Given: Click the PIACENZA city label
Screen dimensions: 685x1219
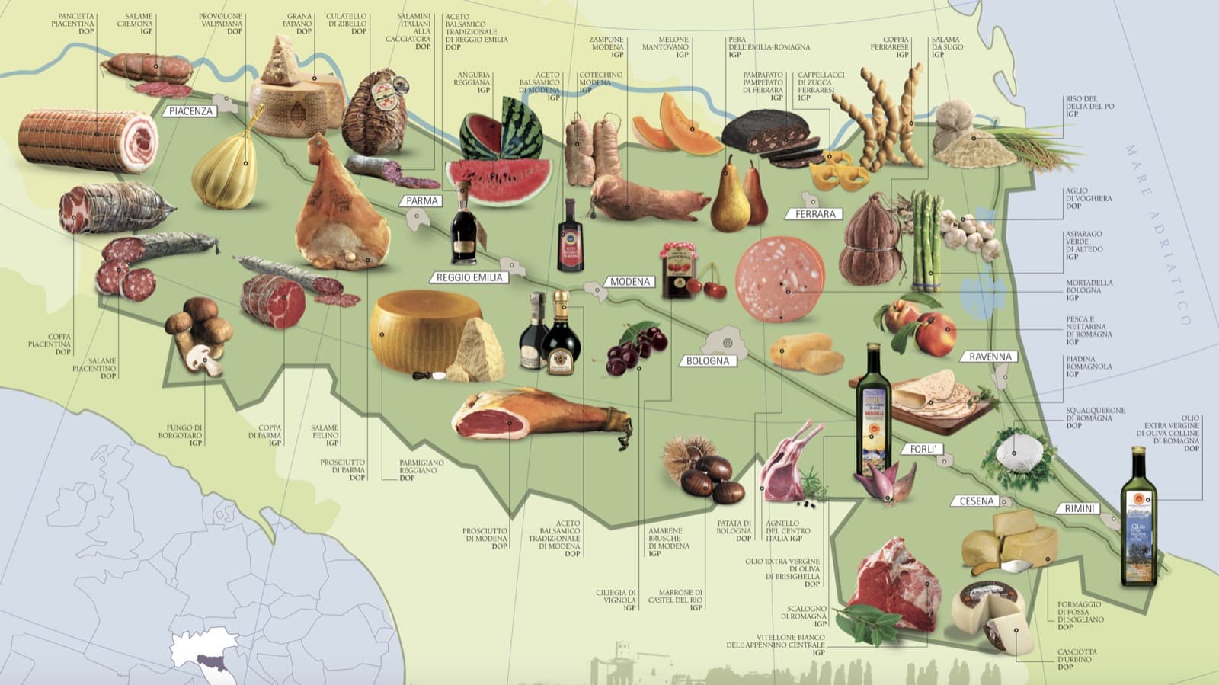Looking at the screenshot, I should coord(190,111).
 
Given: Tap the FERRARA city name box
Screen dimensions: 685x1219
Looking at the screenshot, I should coord(814,214).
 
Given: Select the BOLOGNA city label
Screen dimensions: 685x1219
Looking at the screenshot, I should coord(707,360).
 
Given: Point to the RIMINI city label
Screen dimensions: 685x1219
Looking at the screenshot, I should coord(1079,508).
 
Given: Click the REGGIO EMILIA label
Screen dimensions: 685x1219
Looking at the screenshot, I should coord(469,277).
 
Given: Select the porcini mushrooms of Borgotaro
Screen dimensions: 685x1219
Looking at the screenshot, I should coord(198,333).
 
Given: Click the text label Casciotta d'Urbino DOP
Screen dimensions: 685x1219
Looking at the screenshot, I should coord(1077,659).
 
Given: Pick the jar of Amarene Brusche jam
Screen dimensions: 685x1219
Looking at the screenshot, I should coord(676,271).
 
